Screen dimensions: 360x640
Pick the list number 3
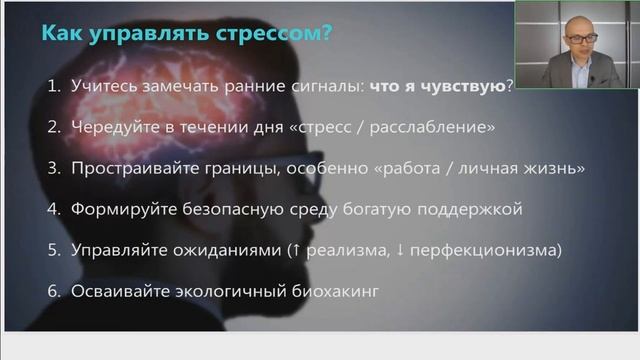(54, 168)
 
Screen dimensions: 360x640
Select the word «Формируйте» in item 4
(118, 209)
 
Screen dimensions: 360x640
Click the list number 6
(54, 291)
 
